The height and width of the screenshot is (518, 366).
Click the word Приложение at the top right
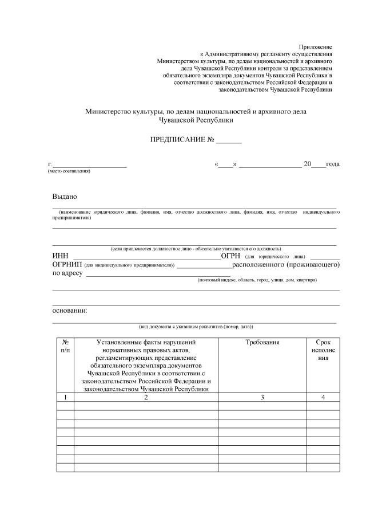click(316, 46)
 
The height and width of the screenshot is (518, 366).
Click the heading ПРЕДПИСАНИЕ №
click(182, 140)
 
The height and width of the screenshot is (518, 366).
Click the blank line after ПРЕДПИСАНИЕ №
click(229, 142)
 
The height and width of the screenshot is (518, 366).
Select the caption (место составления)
click(69, 171)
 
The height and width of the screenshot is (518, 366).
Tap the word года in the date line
click(332, 164)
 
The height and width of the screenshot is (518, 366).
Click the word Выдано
click(64, 196)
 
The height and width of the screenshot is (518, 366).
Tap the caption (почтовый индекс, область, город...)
click(257, 280)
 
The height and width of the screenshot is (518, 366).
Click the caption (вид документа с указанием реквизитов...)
click(196, 326)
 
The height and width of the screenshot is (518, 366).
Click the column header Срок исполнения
click(323, 349)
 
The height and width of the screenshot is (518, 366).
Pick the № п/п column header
click(65, 346)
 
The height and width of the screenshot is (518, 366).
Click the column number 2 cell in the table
click(146, 397)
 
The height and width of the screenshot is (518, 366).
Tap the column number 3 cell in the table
click(262, 397)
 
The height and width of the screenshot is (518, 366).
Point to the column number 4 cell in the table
click(323, 397)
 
